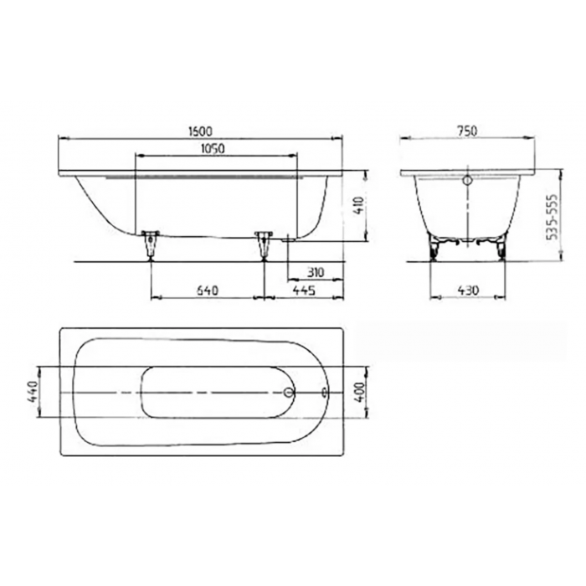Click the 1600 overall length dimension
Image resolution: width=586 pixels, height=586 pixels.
tap(200, 131)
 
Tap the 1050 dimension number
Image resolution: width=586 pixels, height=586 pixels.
tap(213, 149)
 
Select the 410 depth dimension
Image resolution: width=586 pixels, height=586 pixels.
tap(359, 205)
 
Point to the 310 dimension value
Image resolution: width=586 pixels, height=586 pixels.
tap(315, 272)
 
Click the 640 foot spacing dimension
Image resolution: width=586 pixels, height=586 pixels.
tap(207, 290)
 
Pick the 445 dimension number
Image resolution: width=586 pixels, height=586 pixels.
tap(303, 290)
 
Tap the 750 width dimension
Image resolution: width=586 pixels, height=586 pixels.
tap(467, 131)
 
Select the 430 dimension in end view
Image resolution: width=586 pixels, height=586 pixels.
tap(468, 290)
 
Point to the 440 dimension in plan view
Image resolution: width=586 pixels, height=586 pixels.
tap(32, 392)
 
